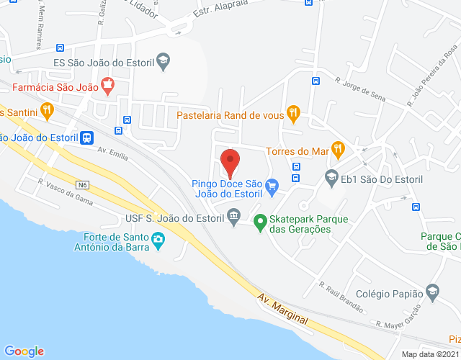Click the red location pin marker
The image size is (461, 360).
click(230, 161)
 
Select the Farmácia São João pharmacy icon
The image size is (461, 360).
click(108, 84)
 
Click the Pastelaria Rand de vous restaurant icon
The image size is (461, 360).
click(292, 114)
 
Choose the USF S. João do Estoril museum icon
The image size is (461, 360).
click(233, 215)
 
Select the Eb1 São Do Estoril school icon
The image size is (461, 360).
click(331, 178)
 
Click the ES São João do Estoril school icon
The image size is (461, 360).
click(164, 61)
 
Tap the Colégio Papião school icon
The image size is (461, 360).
click(432, 293)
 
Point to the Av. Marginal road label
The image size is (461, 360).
click(283, 308)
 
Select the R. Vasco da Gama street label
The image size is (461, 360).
click(66, 192)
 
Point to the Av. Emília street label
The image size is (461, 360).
click(112, 153)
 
